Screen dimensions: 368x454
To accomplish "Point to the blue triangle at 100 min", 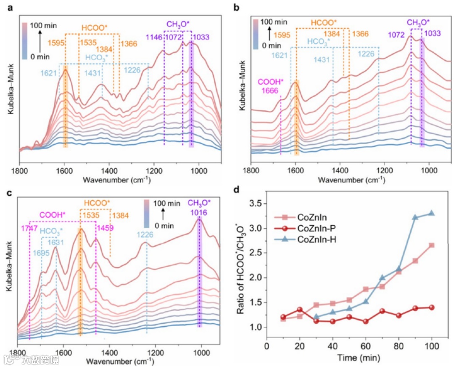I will coord(431,213).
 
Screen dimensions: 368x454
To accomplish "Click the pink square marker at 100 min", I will coord(431,245).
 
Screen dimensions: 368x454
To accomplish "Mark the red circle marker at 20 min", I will coord(299,309).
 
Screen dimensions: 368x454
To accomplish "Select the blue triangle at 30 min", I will coord(316,317).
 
